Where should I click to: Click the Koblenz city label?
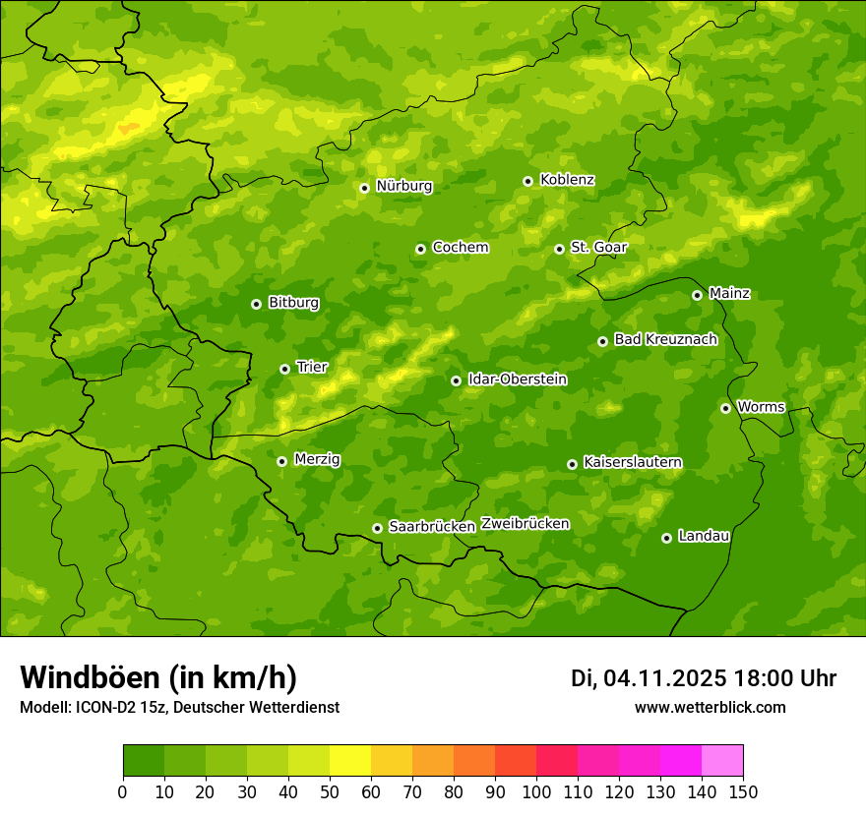click(567, 180)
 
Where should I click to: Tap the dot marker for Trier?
click(284, 369)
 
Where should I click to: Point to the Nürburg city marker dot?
click(364, 188)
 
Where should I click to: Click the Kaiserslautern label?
click(633, 462)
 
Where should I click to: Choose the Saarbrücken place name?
click(432, 527)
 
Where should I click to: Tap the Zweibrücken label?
click(526, 524)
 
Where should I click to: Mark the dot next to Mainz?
click(697, 295)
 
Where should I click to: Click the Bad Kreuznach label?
click(665, 339)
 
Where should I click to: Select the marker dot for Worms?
click(725, 408)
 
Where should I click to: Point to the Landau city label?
click(704, 536)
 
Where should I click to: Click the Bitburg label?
click(293, 303)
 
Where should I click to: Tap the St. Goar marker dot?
click(559, 249)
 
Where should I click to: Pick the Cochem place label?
click(461, 248)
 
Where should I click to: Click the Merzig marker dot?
click(281, 461)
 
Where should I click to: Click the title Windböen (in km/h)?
click(158, 677)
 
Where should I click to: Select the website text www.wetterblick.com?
click(710, 708)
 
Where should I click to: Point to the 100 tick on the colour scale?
click(536, 791)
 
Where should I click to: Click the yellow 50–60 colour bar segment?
click(350, 761)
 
